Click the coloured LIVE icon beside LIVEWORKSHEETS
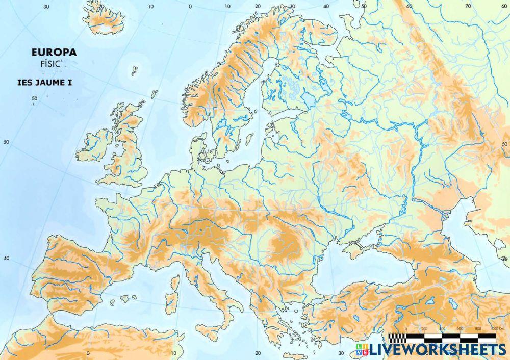click(363, 349)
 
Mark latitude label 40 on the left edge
click(6, 258)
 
